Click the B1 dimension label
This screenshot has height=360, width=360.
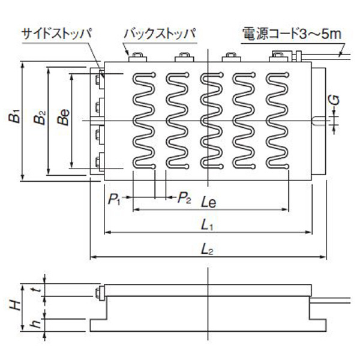[x=14, y=116]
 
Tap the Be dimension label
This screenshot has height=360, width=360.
[x=64, y=118]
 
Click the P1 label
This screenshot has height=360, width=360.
[x=114, y=199]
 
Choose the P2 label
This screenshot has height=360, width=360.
[x=184, y=198]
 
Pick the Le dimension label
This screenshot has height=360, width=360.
[x=209, y=203]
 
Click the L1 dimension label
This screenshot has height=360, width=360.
[x=207, y=225]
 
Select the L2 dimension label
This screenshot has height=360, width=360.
[x=207, y=249]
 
